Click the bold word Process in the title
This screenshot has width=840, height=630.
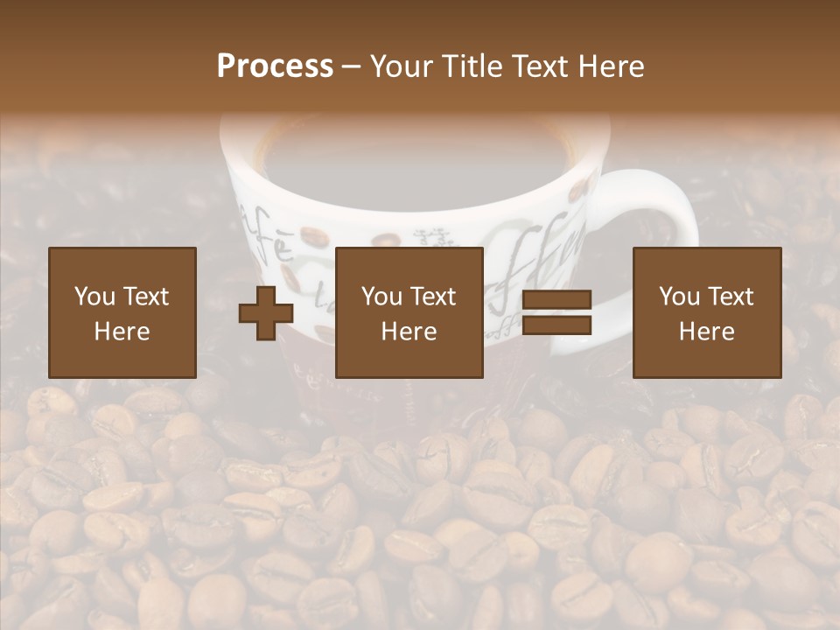[275, 66]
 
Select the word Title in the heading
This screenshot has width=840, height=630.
[472, 66]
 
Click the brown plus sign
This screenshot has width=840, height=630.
[266, 313]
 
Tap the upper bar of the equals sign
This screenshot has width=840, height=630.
[556, 300]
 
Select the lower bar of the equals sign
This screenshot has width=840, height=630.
[556, 325]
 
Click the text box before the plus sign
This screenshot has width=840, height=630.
[122, 312]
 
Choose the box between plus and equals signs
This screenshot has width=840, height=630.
[409, 312]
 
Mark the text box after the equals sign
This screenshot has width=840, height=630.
[707, 312]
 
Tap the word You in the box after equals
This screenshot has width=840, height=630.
[680, 297]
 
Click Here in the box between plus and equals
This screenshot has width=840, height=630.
[409, 332]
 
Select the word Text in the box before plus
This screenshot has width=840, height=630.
[146, 297]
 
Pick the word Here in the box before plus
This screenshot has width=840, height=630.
[122, 332]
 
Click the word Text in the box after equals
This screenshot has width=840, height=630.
[731, 297]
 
